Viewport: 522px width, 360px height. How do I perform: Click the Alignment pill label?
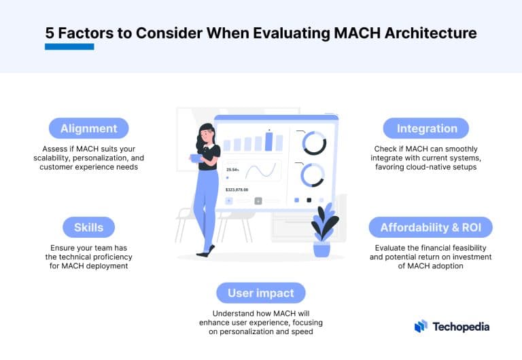tap(88, 128)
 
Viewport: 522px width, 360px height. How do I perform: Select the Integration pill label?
tap(427, 128)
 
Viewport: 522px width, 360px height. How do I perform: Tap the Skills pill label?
tap(88, 227)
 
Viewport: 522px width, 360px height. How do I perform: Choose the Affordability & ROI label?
tap(430, 227)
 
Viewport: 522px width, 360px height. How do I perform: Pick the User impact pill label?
tap(260, 293)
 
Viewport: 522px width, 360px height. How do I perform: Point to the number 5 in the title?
tap(50, 33)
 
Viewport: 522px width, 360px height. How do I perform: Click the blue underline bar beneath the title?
tap(69, 47)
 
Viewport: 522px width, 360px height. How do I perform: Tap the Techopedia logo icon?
tap(421, 326)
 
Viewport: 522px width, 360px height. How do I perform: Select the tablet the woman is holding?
tap(196, 158)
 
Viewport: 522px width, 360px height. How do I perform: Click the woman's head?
tap(206, 133)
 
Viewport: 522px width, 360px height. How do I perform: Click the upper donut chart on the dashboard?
tap(314, 143)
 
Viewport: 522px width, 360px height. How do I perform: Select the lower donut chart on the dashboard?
tap(314, 175)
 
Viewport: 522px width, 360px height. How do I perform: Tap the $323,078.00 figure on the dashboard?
tap(237, 190)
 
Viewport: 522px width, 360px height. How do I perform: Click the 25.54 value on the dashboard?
tap(232, 169)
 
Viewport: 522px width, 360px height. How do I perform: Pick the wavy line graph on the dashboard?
tap(263, 170)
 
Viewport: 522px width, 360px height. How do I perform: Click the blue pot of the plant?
tap(321, 249)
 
